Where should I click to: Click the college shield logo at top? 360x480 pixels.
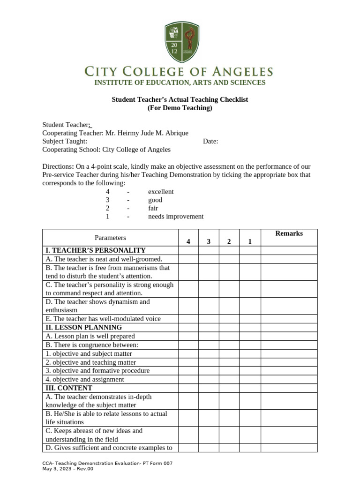point(182,43)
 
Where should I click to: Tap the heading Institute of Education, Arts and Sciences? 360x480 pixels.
point(180,82)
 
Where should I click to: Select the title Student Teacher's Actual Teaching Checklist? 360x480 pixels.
point(180,99)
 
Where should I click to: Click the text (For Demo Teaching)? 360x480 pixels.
point(180,108)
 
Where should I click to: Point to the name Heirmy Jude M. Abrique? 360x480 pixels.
point(146,133)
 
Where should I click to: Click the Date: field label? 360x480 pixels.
point(210,142)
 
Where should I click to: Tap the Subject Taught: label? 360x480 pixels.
point(65,142)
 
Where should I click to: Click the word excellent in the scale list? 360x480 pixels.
point(161,192)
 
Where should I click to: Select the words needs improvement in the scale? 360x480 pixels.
point(176,217)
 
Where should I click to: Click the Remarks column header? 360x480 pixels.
point(289,233)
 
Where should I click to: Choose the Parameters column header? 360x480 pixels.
point(110,238)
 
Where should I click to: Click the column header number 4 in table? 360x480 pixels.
point(188,242)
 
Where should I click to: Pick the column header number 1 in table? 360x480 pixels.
point(250,242)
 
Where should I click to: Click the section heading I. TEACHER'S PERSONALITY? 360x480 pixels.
point(96,250)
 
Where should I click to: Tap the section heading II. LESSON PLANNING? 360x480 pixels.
point(84,327)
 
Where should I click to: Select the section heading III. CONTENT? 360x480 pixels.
point(69,388)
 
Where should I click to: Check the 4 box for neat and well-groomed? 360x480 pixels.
point(188,259)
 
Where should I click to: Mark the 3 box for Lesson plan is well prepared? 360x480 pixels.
point(209,336)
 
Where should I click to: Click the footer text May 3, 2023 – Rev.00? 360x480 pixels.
point(68,469)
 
